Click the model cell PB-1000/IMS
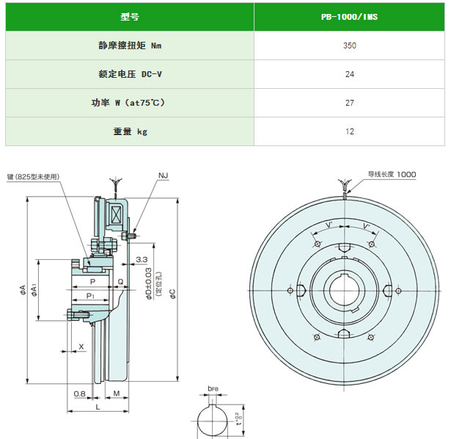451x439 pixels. click(x=349, y=17)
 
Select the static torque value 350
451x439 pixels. click(x=350, y=46)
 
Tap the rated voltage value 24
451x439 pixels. click(x=350, y=74)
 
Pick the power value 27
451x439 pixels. click(x=350, y=103)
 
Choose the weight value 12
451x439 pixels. click(x=350, y=131)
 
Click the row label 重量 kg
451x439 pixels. click(x=130, y=131)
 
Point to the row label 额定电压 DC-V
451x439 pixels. click(x=130, y=74)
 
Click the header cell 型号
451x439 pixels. click(x=130, y=17)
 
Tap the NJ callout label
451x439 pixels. click(x=163, y=175)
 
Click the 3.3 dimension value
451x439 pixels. click(x=142, y=259)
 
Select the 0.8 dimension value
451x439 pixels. click(x=80, y=393)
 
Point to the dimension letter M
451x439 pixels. click(x=117, y=393)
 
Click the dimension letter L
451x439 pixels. click(x=98, y=407)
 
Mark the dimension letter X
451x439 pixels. click(x=81, y=347)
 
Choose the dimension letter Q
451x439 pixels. click(x=120, y=282)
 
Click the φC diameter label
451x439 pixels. click(x=172, y=294)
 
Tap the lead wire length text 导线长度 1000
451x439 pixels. click(x=392, y=174)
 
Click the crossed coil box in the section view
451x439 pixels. click(x=116, y=215)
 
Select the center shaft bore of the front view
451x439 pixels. click(x=344, y=291)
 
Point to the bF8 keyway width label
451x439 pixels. click(x=213, y=388)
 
